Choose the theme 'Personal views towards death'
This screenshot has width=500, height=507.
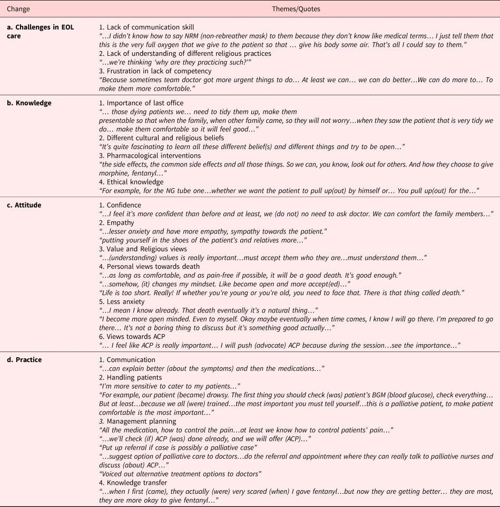coord(149,267)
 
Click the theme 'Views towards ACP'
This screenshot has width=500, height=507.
coord(134,336)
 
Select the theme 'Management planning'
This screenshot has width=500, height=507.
coord(139,421)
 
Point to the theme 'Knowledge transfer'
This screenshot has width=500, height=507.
coord(135,483)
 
